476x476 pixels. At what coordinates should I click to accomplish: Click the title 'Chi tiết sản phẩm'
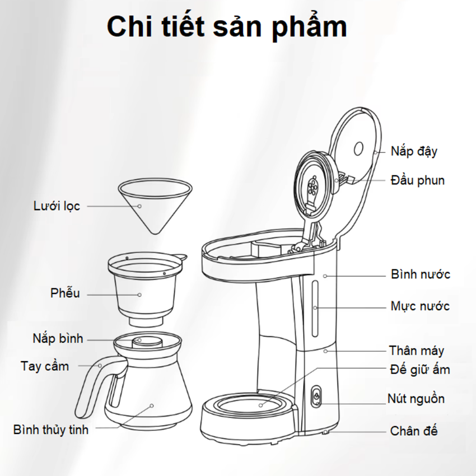tap(227, 26)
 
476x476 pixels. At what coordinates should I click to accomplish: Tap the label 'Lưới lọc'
tap(57, 206)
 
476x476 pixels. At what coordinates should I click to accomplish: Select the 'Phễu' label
tap(65, 293)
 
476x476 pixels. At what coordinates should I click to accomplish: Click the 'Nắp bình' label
tap(58, 338)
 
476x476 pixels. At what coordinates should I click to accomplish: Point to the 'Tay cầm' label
tap(45, 366)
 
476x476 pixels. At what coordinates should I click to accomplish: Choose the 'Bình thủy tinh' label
tap(51, 430)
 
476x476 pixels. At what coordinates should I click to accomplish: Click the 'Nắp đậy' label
tap(414, 151)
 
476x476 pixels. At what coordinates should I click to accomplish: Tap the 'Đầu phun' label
tap(418, 180)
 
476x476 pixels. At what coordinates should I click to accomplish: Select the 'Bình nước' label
tap(420, 275)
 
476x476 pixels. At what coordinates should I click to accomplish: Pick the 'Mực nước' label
tap(420, 306)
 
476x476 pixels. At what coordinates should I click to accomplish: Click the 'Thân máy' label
tap(417, 351)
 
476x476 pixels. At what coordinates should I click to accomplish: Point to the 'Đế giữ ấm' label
tap(419, 370)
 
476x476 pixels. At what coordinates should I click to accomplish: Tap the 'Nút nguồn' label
tap(416, 399)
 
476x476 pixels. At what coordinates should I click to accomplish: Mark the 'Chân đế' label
tap(414, 431)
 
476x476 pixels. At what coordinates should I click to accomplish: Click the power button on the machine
tap(316, 395)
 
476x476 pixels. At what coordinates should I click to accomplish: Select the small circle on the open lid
tap(360, 148)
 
